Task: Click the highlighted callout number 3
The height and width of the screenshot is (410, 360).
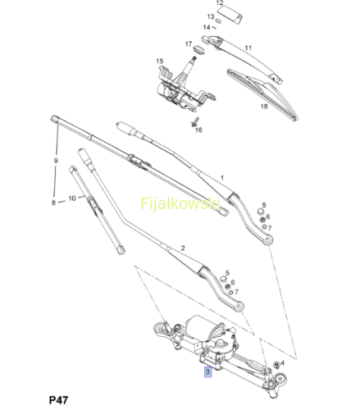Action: [x=207, y=372]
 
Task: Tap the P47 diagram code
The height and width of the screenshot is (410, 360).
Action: [x=58, y=400]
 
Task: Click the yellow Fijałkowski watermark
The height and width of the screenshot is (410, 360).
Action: [x=180, y=203]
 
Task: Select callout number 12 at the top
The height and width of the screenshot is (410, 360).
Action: [x=220, y=3]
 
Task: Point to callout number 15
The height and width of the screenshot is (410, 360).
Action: [x=160, y=61]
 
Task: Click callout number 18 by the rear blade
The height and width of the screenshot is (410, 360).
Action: [x=264, y=107]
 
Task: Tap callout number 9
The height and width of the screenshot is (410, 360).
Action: [x=56, y=161]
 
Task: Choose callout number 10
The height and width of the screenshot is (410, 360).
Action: [x=72, y=198]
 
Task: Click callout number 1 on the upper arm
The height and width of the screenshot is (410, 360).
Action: [x=222, y=178]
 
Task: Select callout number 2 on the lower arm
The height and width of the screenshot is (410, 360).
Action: [x=183, y=248]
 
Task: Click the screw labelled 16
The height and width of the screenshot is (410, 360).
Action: [x=195, y=122]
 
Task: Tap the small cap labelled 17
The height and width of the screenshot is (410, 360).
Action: [x=199, y=50]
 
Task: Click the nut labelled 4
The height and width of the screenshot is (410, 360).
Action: [x=276, y=365]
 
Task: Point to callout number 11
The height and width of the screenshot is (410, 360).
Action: [x=248, y=48]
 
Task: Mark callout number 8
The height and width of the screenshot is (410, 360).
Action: [x=53, y=203]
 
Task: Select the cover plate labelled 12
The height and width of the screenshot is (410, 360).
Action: [x=230, y=15]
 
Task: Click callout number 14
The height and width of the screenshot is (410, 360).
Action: [x=207, y=27]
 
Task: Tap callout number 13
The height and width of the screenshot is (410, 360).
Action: [x=211, y=16]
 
